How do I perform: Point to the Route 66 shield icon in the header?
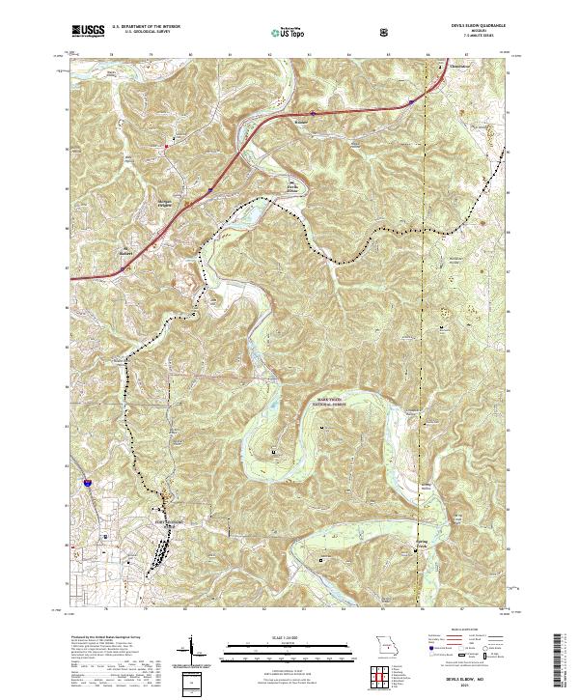pos(386,33)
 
